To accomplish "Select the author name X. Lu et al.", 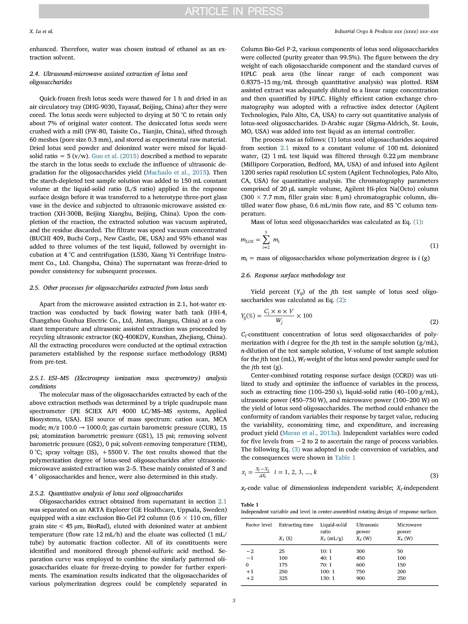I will pyautogui.click(x=41, y=32).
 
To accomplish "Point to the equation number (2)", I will pyautogui.click(x=434, y=322).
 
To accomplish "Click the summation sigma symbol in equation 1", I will pyautogui.click(x=266, y=240).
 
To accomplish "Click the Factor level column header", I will pyautogui.click(x=259, y=525).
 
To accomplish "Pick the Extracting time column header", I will pyautogui.click(x=296, y=525).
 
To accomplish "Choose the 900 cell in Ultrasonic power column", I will pyautogui.click(x=360, y=578).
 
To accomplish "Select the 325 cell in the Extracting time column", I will pyautogui.click(x=283, y=578).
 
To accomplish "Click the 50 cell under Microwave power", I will pyautogui.click(x=400, y=551).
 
